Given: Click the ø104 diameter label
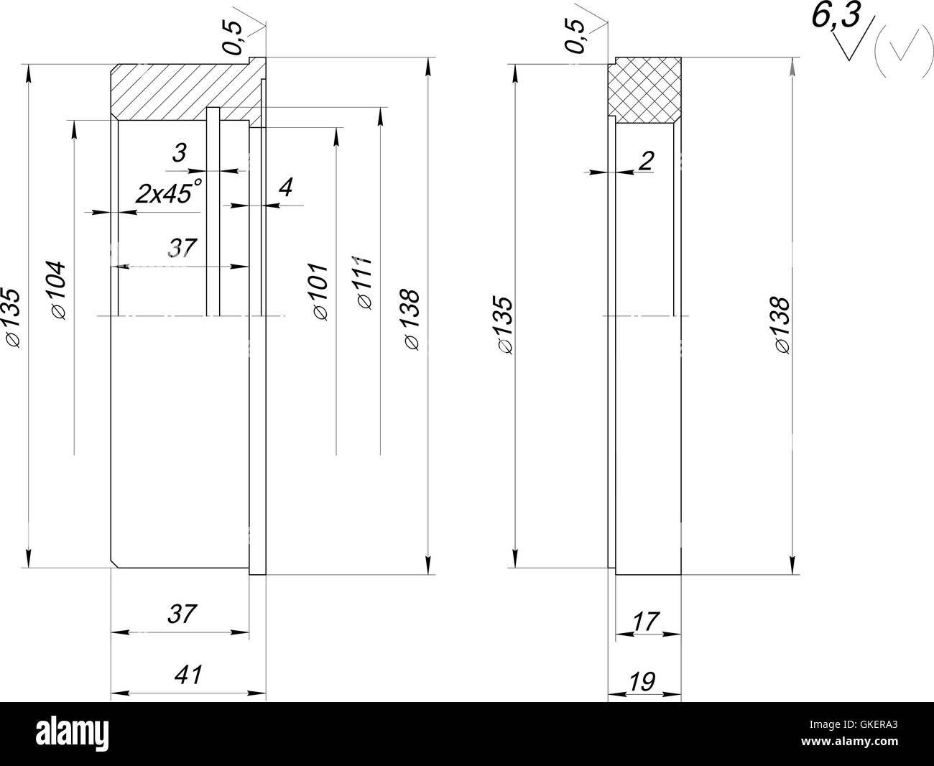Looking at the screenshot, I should tap(59, 289).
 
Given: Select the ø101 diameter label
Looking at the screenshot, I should tap(320, 291).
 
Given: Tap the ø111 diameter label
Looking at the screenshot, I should tap(364, 282).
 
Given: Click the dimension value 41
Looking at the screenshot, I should tap(188, 675).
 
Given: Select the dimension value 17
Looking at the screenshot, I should tap(646, 621).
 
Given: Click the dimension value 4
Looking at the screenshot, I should tap(285, 188).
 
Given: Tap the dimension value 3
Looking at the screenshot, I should tap(180, 152).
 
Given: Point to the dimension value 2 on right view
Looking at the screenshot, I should tap(645, 161).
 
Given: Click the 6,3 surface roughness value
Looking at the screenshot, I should tap(836, 17).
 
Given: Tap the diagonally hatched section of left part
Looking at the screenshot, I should tap(180, 89).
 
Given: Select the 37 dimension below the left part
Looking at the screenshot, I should tap(182, 614).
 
